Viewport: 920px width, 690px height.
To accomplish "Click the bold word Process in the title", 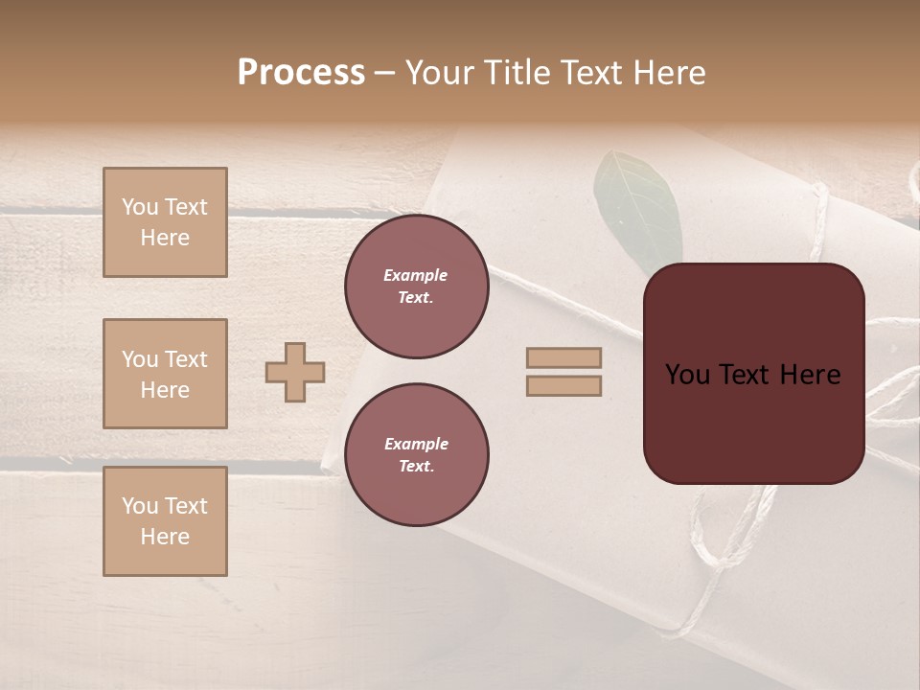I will (301, 73).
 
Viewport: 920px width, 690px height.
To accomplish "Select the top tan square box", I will (165, 222).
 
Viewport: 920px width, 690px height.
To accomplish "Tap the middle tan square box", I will (165, 374).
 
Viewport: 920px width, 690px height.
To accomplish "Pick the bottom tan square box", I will (165, 521).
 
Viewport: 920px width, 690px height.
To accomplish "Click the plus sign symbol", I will (295, 372).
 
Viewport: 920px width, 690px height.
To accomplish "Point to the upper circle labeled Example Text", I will (417, 287).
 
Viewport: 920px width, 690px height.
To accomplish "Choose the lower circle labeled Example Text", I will (417, 455).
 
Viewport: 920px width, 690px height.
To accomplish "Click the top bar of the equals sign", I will (563, 357).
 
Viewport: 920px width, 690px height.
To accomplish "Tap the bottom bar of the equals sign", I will (563, 385).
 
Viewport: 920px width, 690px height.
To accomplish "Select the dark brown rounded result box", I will (753, 374).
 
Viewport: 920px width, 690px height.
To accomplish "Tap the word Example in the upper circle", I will (416, 275).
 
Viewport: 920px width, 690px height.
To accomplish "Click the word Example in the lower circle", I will (416, 444).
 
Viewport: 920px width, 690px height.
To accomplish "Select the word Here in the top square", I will (165, 238).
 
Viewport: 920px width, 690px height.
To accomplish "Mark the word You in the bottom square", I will (139, 506).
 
